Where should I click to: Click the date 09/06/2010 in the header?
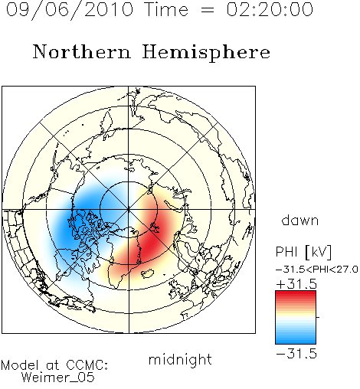70,10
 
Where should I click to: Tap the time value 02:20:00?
270,9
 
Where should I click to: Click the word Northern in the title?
82,52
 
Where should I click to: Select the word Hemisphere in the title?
206,53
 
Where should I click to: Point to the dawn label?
300,220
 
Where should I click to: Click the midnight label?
180,360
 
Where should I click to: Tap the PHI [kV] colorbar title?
304,252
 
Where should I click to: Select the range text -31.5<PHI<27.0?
317,269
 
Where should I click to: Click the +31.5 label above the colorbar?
296,283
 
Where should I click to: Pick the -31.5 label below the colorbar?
296,354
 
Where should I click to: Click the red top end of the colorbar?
296,293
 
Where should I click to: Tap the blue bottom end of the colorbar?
296,342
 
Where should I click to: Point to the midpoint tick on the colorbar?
318,317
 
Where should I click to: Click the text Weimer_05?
58,377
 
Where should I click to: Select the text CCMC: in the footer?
87,365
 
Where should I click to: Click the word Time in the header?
166,9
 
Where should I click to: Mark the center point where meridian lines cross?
129,210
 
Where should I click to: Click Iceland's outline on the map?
147,273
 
